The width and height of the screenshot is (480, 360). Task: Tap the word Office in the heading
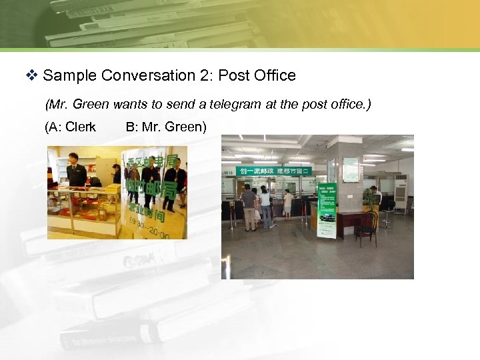click(x=275, y=76)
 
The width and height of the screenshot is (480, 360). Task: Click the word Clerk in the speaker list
click(x=80, y=127)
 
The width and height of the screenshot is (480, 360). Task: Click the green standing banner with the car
click(x=327, y=210)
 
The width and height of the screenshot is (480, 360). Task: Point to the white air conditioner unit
click(x=401, y=194)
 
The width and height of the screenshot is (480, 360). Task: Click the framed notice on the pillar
click(x=351, y=169)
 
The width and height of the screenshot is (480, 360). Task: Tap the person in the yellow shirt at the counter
click(x=288, y=203)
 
